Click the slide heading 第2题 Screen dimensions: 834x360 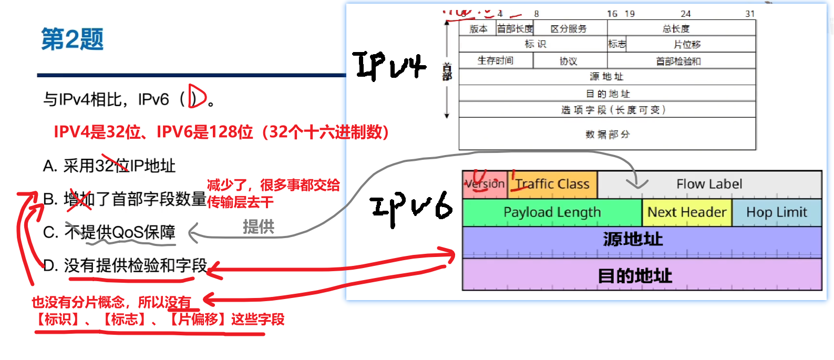[73, 39]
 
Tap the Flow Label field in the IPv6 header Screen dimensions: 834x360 [709, 184]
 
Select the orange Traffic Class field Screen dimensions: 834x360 [552, 184]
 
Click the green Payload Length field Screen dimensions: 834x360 [552, 212]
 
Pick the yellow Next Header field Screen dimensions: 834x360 [686, 212]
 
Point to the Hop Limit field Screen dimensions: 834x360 [776, 212]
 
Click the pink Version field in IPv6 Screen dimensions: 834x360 [485, 184]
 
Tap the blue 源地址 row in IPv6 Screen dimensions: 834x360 [633, 240]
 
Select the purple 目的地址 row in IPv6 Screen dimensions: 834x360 [635, 275]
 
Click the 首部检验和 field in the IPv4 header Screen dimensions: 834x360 [678, 61]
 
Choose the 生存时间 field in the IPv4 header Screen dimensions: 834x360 [495, 60]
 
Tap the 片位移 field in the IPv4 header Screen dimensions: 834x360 [687, 45]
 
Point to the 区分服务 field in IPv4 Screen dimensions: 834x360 [569, 29]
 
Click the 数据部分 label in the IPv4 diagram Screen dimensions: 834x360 [608, 135]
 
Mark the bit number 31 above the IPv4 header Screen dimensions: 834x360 [750, 14]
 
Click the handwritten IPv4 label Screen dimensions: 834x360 [389, 66]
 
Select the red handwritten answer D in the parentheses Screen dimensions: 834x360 [197, 97]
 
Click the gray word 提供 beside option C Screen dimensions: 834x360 [258, 227]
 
